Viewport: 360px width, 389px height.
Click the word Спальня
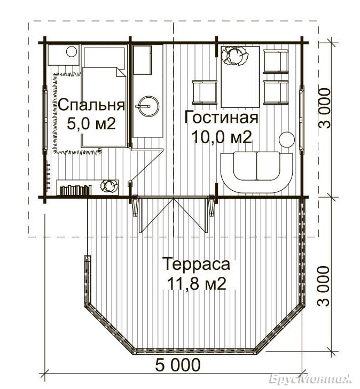coord(91,105)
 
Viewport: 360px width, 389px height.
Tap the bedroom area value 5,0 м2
coord(91,124)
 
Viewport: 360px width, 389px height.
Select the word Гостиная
coord(222,118)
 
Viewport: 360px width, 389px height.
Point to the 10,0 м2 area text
coord(222,137)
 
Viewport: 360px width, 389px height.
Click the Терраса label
coord(197,264)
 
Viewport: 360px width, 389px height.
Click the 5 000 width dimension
coord(177,364)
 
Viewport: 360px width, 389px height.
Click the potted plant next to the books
coord(109,186)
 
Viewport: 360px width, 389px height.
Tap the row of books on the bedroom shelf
coord(76,190)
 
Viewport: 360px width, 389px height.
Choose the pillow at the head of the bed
coord(104,58)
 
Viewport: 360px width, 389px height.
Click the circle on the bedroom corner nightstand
coord(72,52)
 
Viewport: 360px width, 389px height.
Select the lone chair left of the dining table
coord(205,92)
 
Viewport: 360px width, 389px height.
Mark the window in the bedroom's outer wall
coord(45,120)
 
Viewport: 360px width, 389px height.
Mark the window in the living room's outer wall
coord(301,120)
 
